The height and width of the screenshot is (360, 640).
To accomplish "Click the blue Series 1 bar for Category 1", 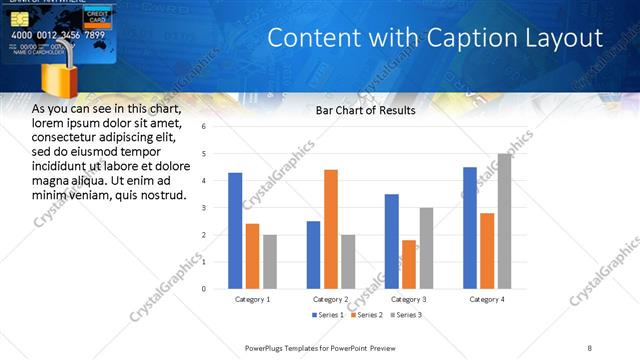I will (x=235, y=230).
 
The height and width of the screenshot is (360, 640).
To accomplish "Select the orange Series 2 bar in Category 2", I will (x=331, y=229).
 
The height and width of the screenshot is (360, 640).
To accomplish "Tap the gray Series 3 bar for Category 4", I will (x=504, y=221).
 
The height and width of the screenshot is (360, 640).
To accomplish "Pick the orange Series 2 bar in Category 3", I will (x=408, y=264).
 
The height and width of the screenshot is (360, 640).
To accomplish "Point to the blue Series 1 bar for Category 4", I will (x=470, y=227).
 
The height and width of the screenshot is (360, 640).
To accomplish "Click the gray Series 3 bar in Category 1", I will (x=269, y=261).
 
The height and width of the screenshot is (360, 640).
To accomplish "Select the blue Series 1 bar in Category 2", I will (x=313, y=254).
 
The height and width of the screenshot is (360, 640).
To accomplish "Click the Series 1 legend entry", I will (x=326, y=315).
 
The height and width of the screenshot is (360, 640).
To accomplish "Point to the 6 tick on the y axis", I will (x=203, y=127).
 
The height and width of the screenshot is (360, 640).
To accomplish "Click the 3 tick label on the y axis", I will (x=203, y=208).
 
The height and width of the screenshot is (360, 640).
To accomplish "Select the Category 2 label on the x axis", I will (x=330, y=299).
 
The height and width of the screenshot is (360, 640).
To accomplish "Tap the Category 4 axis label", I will (x=487, y=299).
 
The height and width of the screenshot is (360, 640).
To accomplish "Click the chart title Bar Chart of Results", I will (x=365, y=110).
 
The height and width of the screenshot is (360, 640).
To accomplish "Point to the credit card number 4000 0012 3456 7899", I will (x=57, y=35).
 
